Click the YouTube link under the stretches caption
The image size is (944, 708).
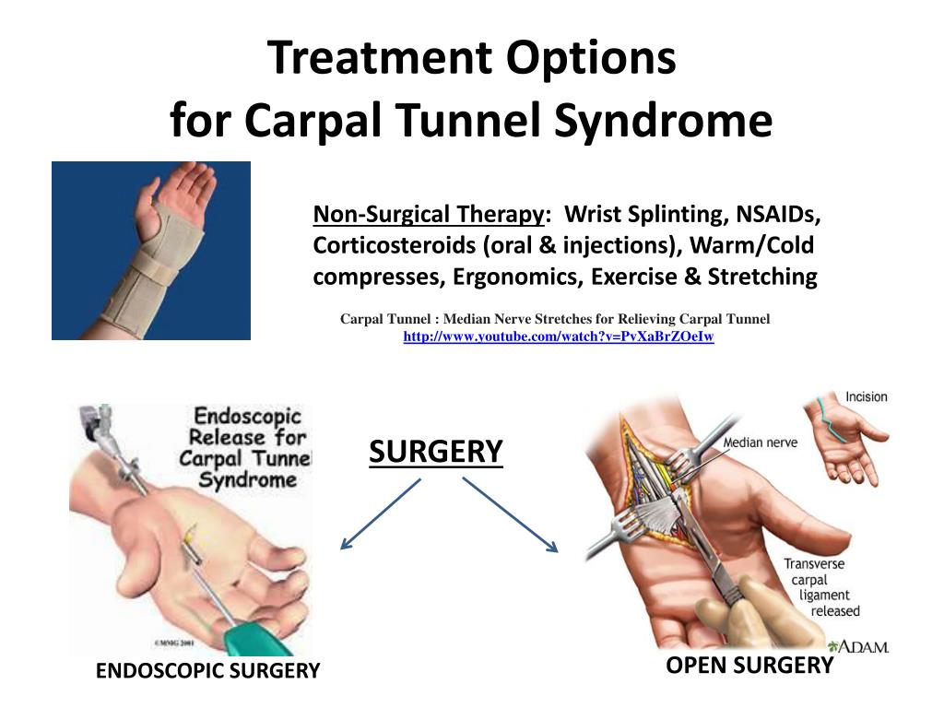tap(558, 336)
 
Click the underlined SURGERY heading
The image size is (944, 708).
tap(436, 452)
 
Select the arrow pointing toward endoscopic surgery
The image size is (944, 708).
tap(381, 514)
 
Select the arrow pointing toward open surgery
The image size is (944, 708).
tap(511, 514)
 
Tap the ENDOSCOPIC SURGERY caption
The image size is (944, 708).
tap(207, 671)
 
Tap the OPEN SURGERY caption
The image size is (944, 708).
tap(749, 666)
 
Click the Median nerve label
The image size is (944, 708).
tap(760, 442)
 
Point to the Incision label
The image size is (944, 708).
tap(867, 396)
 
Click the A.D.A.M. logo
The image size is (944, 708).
tap(858, 646)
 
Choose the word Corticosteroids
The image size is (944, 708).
tap(395, 245)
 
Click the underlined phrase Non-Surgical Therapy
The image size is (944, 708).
tap(429, 214)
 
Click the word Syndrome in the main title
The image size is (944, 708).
tap(663, 121)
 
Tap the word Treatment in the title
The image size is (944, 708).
tap(381, 57)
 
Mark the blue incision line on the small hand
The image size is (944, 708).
tap(831, 419)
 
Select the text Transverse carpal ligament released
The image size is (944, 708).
tap(821, 587)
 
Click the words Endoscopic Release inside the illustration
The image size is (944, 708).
tap(247, 426)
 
